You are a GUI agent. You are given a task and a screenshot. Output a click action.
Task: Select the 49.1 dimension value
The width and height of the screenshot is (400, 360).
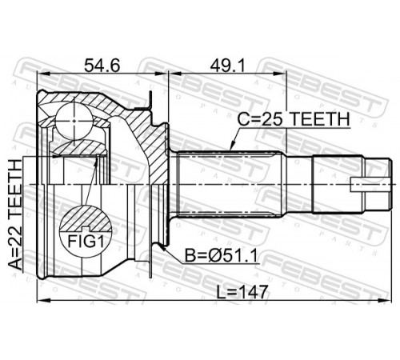click(227, 66)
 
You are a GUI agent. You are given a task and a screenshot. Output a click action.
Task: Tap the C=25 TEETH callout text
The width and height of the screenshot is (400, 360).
click(294, 119)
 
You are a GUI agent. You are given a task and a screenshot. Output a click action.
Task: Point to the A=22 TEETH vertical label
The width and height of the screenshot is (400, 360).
click(14, 214)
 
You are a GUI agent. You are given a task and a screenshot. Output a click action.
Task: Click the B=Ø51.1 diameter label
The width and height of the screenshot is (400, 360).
click(221, 256)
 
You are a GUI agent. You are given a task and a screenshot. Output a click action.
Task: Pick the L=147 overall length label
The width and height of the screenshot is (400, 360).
click(242, 292)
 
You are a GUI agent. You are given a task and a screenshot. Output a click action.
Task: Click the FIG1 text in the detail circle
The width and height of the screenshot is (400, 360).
click(86, 242)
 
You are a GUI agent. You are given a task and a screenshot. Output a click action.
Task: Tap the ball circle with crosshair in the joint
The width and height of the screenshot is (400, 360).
click(74, 121)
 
